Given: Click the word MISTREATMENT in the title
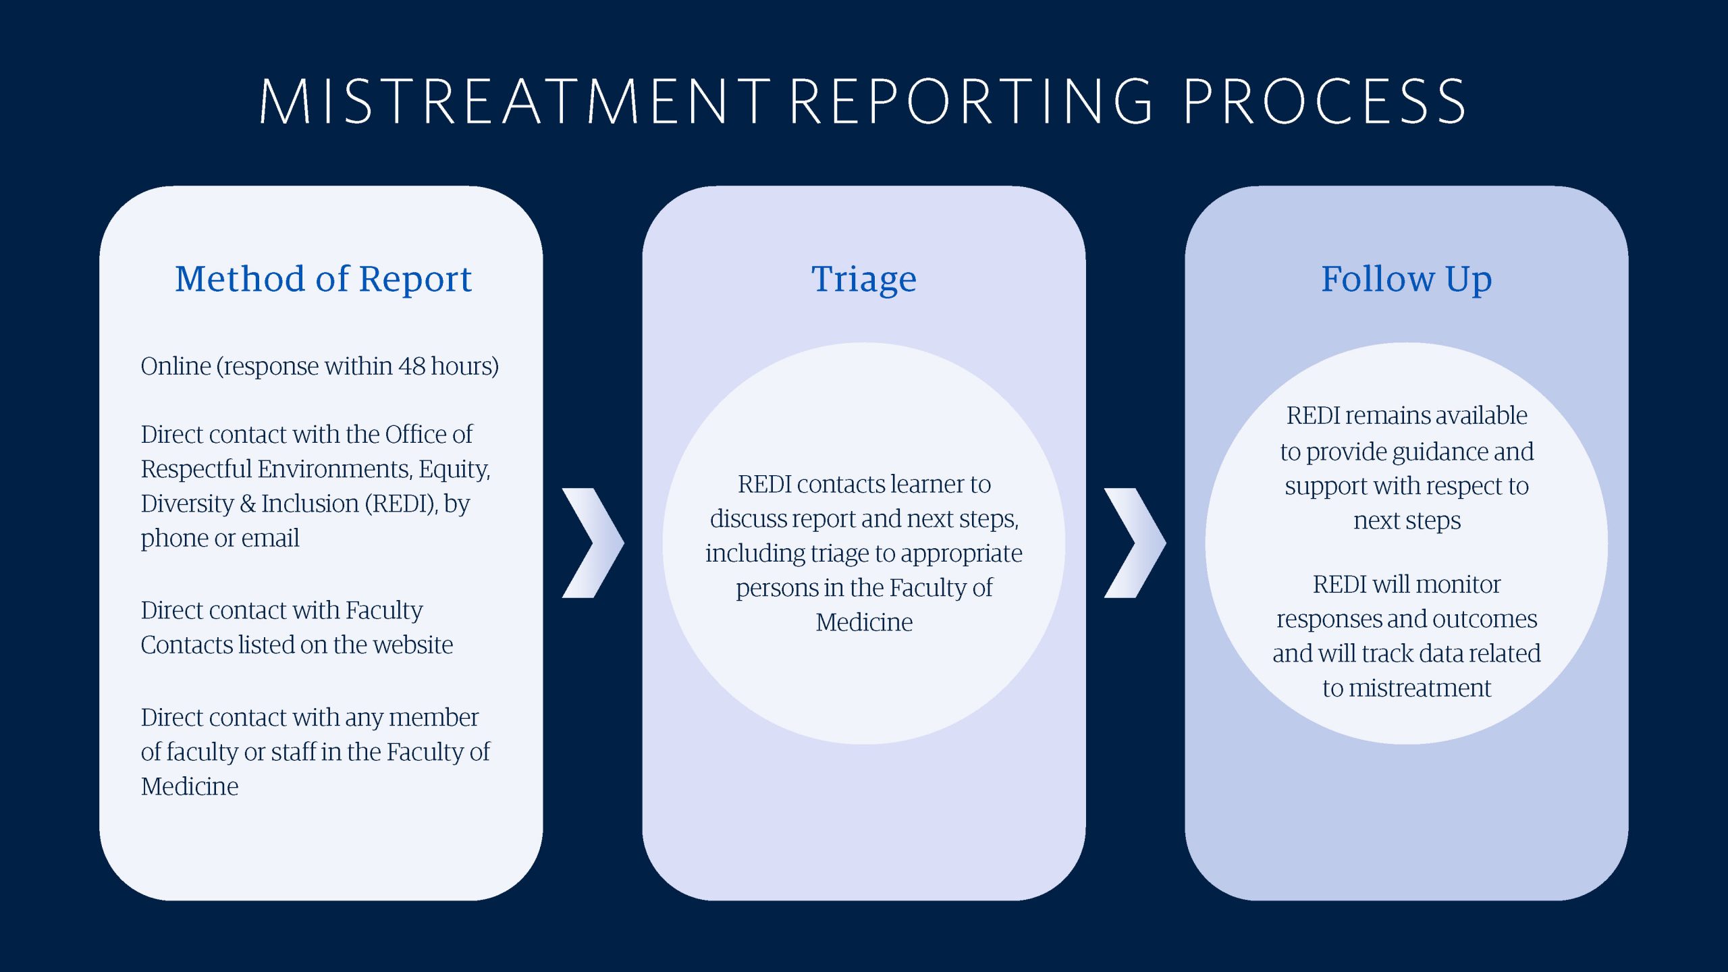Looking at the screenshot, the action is [515, 101].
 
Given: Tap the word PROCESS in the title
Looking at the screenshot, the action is [1324, 101].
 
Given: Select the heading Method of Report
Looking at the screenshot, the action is [323, 279].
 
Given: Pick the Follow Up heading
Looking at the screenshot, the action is [1407, 279].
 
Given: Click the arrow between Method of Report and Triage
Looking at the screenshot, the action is [593, 543].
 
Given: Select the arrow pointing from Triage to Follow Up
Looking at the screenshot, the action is [1135, 543].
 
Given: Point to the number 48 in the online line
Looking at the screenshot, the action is [412, 366].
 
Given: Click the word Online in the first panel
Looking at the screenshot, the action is [176, 366].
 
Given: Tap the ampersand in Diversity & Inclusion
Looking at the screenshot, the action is [248, 504].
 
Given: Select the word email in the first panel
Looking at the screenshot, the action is [270, 538].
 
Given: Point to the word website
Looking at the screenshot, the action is [413, 645].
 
